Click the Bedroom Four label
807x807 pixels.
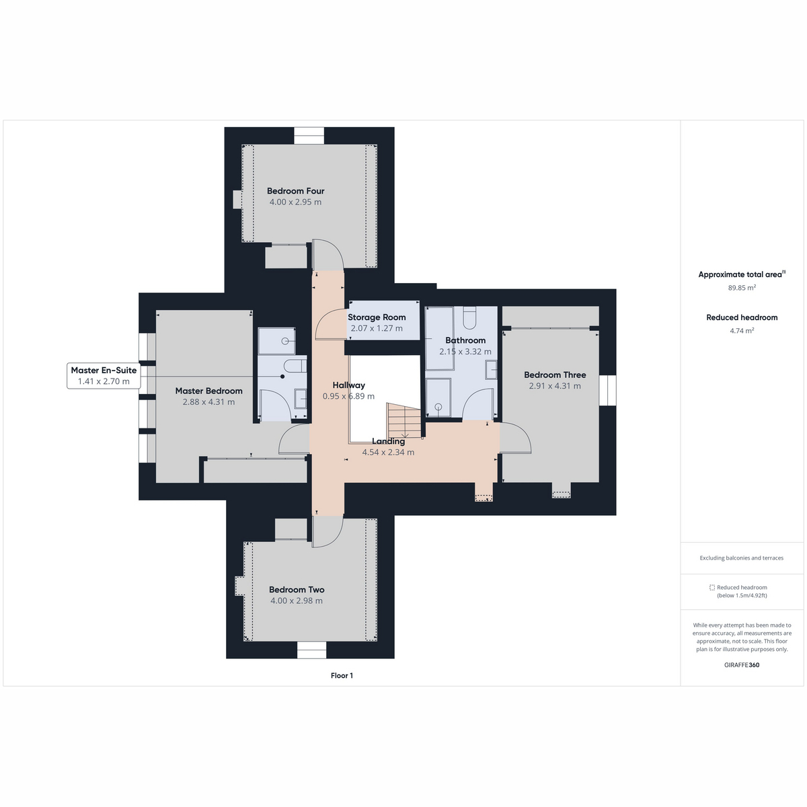296,191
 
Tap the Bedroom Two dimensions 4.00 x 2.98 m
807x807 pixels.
297,601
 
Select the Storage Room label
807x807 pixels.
377,317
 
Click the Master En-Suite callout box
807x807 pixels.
104,376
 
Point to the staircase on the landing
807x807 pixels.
404,421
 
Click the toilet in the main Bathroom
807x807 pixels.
469,318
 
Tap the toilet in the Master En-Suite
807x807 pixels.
295,366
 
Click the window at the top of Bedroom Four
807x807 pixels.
309,136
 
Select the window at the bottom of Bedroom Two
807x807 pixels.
311,650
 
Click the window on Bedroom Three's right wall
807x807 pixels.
607,390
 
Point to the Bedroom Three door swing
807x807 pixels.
516,438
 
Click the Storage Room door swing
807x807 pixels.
330,323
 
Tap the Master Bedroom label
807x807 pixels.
208,391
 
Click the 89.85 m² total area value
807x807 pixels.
742,288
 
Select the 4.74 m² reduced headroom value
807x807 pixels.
742,330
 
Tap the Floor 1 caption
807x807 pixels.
342,675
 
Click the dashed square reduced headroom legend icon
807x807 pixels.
712,588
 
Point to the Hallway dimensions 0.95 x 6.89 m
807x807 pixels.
348,396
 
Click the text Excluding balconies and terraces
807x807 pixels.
741,558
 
